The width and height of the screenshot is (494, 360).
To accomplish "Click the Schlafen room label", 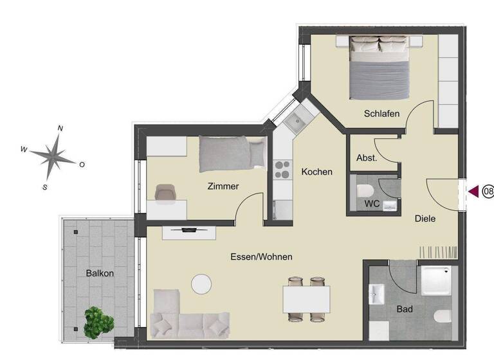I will coord(381,114).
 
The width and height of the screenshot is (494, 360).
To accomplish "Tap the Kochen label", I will coord(316,172).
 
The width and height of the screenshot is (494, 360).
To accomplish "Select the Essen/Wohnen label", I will coord(261,256).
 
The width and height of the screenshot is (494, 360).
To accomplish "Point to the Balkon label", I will coord(100,273).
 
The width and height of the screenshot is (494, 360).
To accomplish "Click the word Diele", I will coord(425,219).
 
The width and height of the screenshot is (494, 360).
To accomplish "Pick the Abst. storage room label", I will coord(366,157).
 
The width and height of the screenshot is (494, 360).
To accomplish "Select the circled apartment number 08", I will coord(488,191).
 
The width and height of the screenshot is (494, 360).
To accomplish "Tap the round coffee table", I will coord(202,283).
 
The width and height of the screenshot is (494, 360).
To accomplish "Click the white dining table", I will coord(306,298).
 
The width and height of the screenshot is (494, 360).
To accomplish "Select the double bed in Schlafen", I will coord(379,67).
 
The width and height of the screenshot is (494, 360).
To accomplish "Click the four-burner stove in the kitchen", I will coord(282,169).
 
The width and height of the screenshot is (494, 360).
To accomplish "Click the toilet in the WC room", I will coord(364,192).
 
